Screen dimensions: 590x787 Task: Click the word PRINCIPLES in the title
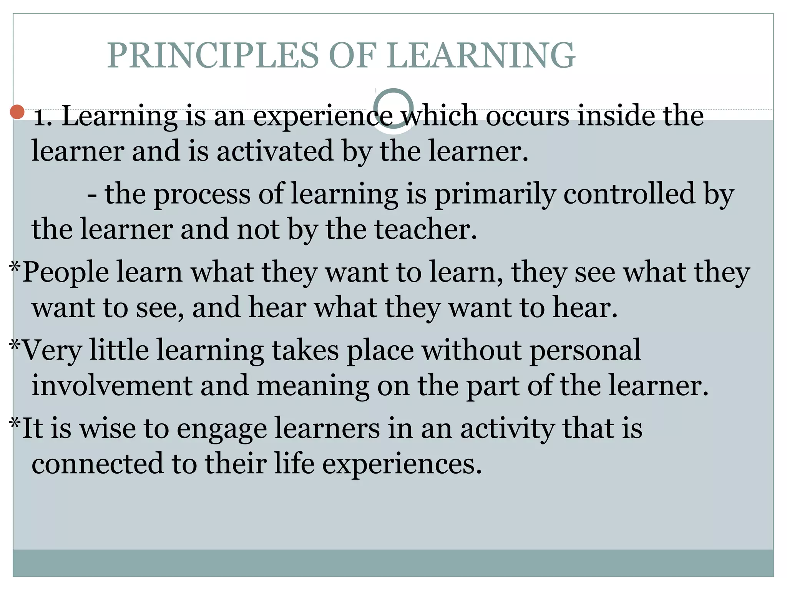click(x=213, y=56)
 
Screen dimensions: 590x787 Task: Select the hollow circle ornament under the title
click(x=393, y=109)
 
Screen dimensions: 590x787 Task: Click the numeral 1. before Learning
click(x=43, y=116)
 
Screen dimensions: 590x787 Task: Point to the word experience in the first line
click(x=323, y=116)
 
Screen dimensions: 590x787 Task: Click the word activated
click(x=275, y=151)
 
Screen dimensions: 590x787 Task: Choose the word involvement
click(x=111, y=386)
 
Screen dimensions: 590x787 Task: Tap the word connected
click(x=97, y=464)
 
